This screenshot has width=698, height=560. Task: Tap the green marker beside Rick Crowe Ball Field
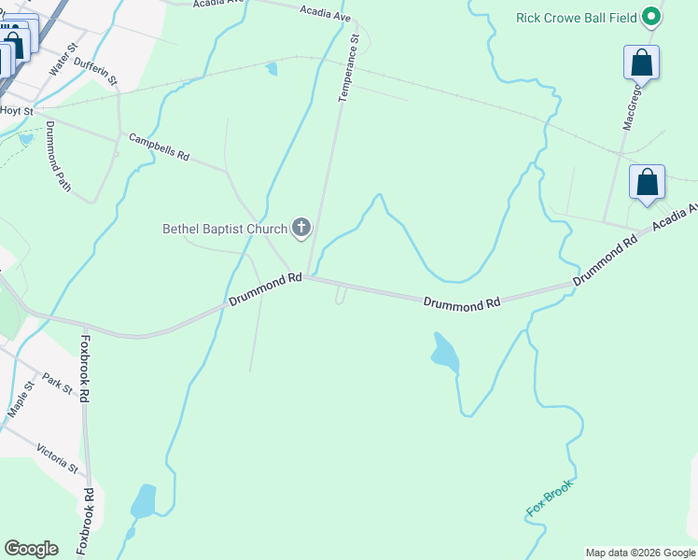[x=653, y=17]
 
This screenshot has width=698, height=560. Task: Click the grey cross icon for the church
[x=301, y=228]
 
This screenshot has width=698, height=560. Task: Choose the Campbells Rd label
[x=159, y=147]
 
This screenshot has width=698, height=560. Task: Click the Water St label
[x=61, y=63]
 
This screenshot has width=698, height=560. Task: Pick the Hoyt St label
[x=11, y=110]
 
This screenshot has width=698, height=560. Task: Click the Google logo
[x=31, y=549]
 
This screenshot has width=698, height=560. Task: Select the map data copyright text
[x=640, y=553]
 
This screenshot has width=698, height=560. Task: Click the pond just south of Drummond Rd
[x=444, y=352]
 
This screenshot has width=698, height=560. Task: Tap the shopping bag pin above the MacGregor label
[x=641, y=63]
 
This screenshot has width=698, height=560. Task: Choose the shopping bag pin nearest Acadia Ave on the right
[x=647, y=182]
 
